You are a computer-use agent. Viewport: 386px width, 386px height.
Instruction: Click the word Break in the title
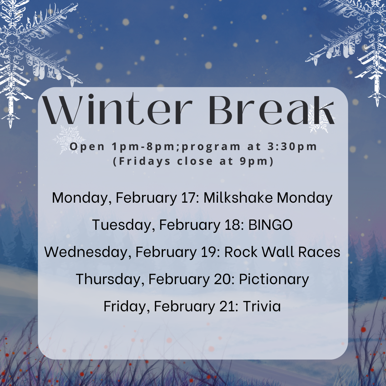point(272,110)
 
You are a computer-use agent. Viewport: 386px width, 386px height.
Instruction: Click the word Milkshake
point(238,197)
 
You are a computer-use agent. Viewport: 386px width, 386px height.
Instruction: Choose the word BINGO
point(270,224)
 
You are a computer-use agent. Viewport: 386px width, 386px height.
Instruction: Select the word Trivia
point(262,306)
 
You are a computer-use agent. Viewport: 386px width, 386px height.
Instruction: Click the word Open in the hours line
point(88,147)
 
